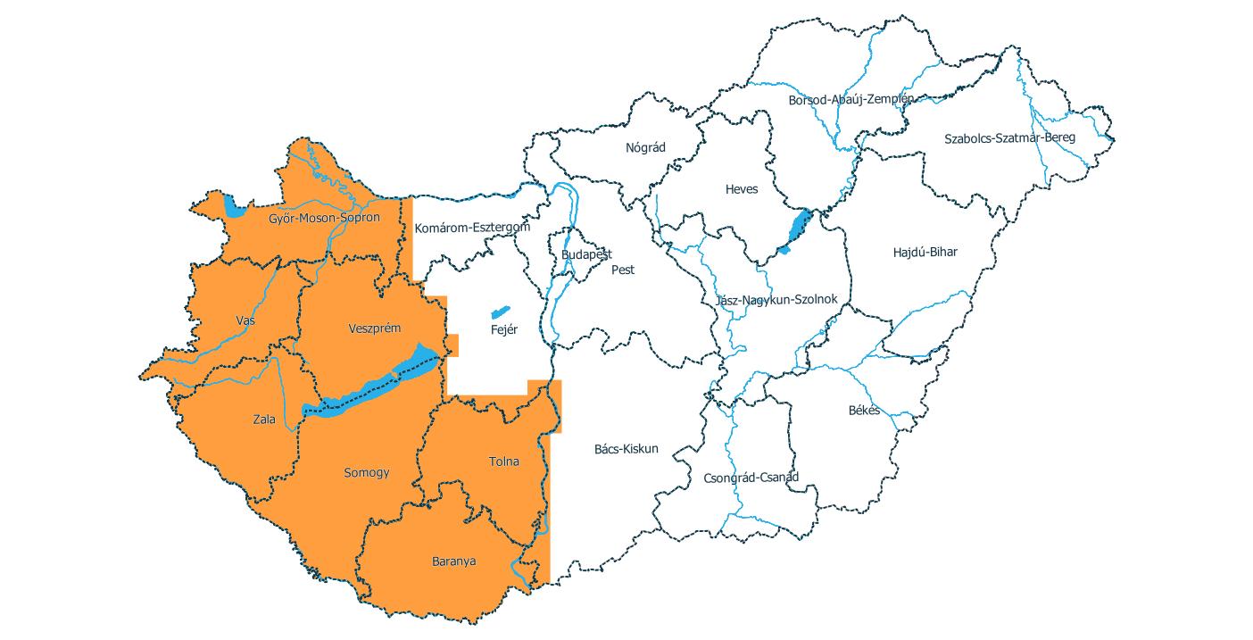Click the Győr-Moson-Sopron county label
click(325, 218)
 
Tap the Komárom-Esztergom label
click(472, 228)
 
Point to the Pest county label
click(623, 270)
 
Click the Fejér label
click(504, 329)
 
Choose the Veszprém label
click(374, 328)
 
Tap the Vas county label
click(245, 320)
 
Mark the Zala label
click(264, 420)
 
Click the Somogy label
click(367, 473)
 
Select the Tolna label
click(503, 461)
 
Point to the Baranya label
click(453, 561)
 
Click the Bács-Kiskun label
click(626, 449)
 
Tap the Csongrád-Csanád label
click(751, 477)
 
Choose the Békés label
click(864, 411)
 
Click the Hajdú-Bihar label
click(925, 252)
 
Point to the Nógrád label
click(646, 147)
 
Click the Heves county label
click(742, 189)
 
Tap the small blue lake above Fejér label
click(500, 312)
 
